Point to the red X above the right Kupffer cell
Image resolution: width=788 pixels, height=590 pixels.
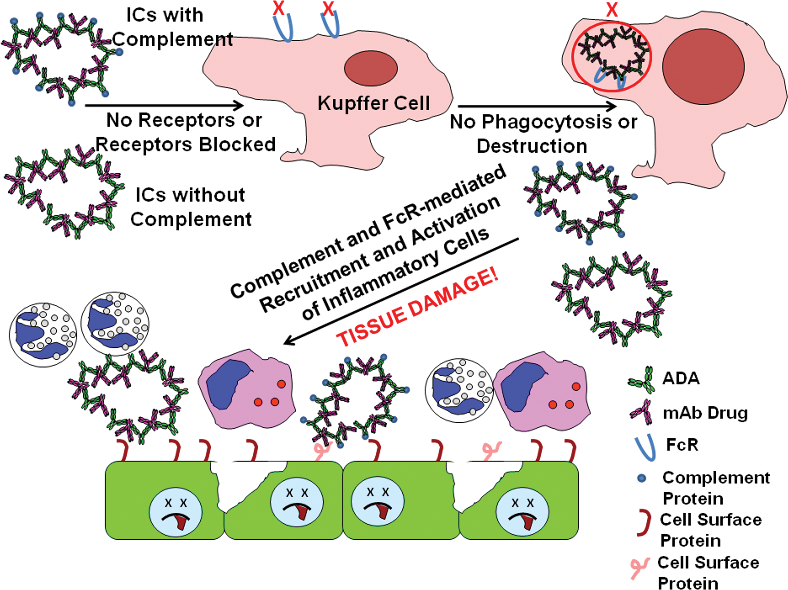[x=612, y=10]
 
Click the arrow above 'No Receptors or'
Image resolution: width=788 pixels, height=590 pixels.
[x=164, y=105]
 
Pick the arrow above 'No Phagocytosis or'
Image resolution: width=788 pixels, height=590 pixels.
[x=537, y=106]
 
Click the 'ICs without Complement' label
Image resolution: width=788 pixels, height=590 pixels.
[x=191, y=207]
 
